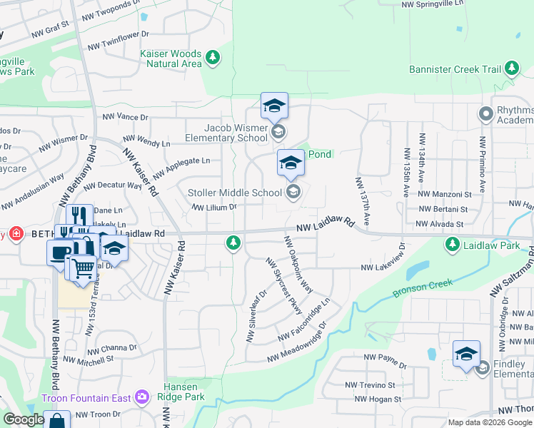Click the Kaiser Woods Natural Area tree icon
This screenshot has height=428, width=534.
click(x=212, y=56)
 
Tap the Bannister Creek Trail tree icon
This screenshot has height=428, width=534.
click(x=512, y=68)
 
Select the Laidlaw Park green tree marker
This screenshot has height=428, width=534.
click(x=452, y=245)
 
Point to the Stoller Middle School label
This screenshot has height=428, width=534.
click(x=235, y=193)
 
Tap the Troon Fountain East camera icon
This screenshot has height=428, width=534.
click(x=142, y=397)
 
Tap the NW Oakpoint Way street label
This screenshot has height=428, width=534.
click(x=298, y=264)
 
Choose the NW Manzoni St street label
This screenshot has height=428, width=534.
click(x=445, y=193)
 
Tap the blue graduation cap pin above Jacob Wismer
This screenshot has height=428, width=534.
click(x=274, y=106)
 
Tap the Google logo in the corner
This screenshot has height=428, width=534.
click(x=24, y=419)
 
